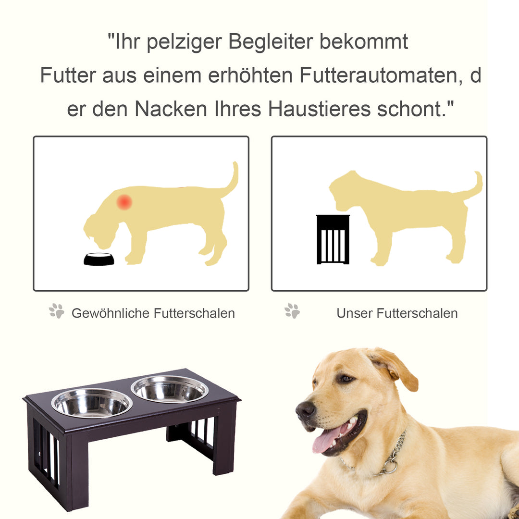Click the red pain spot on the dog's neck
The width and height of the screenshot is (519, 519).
coord(124,202)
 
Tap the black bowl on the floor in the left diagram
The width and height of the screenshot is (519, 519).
coord(99,259)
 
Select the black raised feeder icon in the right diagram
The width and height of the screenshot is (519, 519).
coord(333,239)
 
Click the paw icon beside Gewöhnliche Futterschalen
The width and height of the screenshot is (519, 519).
coord(57,311)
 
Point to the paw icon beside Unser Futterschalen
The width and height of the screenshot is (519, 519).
coord(292,311)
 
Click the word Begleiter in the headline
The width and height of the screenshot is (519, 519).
coord(271,42)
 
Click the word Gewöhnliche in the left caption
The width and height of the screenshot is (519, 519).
coord(111,313)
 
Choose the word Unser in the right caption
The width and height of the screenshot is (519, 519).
coord(355,313)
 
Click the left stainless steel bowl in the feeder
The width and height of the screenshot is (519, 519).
coord(92,403)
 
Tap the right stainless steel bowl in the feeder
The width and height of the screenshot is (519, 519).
coord(170,389)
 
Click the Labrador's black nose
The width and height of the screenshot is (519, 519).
coord(306,410)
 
